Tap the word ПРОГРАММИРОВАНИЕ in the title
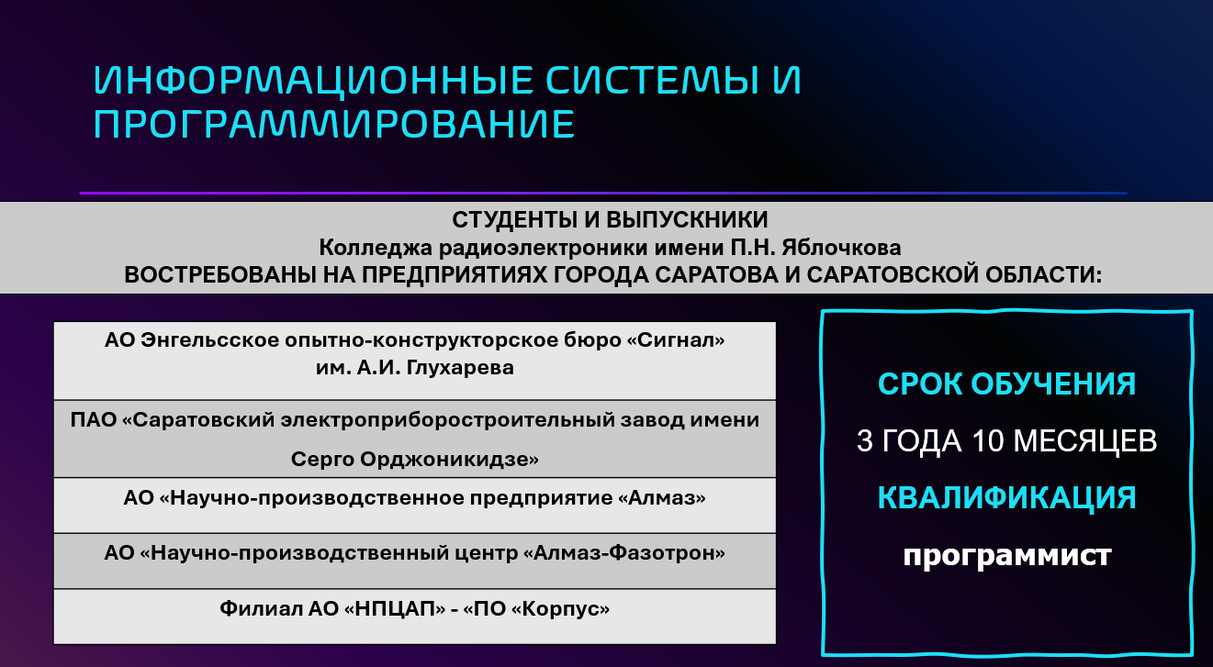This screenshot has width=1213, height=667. point(333,125)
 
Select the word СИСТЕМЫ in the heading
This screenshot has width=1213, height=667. point(650,81)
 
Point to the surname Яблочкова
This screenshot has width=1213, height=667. point(841,247)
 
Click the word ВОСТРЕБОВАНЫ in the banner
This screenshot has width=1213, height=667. point(220,275)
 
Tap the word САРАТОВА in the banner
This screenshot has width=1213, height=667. point(717,275)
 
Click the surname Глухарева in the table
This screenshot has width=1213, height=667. point(460,368)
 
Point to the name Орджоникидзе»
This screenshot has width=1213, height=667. point(449,460)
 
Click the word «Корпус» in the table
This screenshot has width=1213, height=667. point(560,608)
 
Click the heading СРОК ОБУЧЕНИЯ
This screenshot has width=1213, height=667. point(1006,384)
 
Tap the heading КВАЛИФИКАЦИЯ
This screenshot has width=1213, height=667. point(1006,497)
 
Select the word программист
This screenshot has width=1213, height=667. point(1006,555)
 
